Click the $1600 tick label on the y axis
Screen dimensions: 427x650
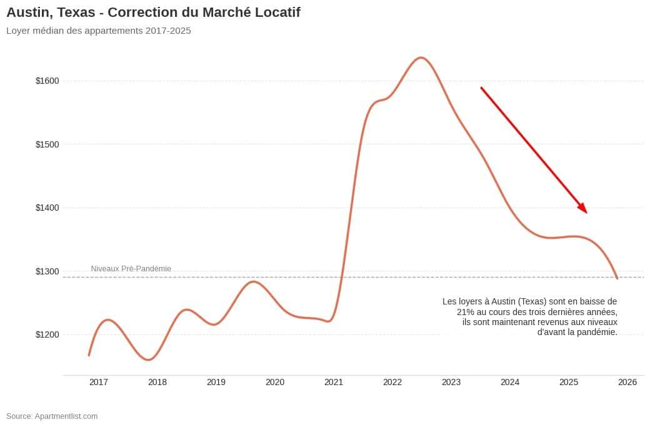coord(47,81)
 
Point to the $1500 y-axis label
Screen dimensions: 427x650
coord(47,144)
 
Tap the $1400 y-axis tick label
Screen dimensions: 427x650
coord(47,208)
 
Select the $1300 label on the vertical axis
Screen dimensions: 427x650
coord(47,271)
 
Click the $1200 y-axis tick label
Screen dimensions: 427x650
coord(47,334)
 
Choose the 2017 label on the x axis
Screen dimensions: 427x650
coord(99,382)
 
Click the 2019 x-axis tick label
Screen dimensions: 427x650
coord(216,382)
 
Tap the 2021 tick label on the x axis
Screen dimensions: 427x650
coord(334,382)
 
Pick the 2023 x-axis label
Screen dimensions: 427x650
coord(451,382)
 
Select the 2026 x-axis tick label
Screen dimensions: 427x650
coord(627,382)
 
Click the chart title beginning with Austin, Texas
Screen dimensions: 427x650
coord(153,13)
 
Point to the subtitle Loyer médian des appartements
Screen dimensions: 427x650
coord(99,31)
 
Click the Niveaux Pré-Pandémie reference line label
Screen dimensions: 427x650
coord(131,269)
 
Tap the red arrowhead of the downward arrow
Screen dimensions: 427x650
coord(583,209)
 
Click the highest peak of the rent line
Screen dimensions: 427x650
coord(421,58)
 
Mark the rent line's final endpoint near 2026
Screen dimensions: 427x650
coord(617,278)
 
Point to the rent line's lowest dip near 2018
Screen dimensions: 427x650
coord(148,360)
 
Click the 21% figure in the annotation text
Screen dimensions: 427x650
coord(466,311)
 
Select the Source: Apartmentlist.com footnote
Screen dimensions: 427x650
coord(52,416)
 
